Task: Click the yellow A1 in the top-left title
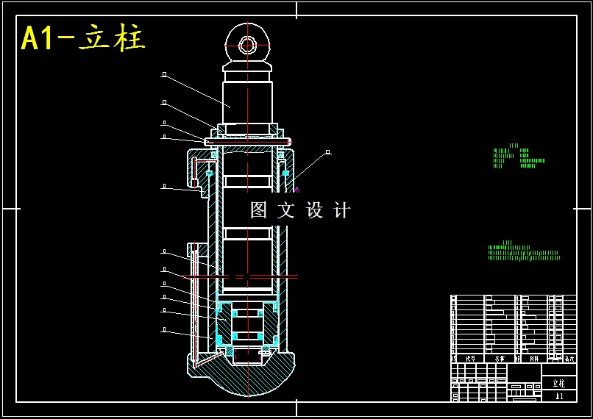click(39, 38)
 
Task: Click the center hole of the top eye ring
click(247, 46)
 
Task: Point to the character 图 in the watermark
click(259, 210)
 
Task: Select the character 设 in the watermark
click(314, 210)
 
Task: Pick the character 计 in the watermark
click(342, 210)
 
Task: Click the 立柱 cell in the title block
click(559, 383)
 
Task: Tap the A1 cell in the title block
click(559, 396)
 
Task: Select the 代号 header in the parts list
click(470, 359)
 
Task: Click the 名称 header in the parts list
click(500, 359)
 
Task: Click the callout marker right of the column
click(328, 152)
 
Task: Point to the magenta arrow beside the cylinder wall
click(297, 190)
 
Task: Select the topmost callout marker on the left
click(164, 74)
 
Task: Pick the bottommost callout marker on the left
click(164, 330)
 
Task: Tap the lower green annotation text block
click(523, 252)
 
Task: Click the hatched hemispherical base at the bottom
click(247, 379)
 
